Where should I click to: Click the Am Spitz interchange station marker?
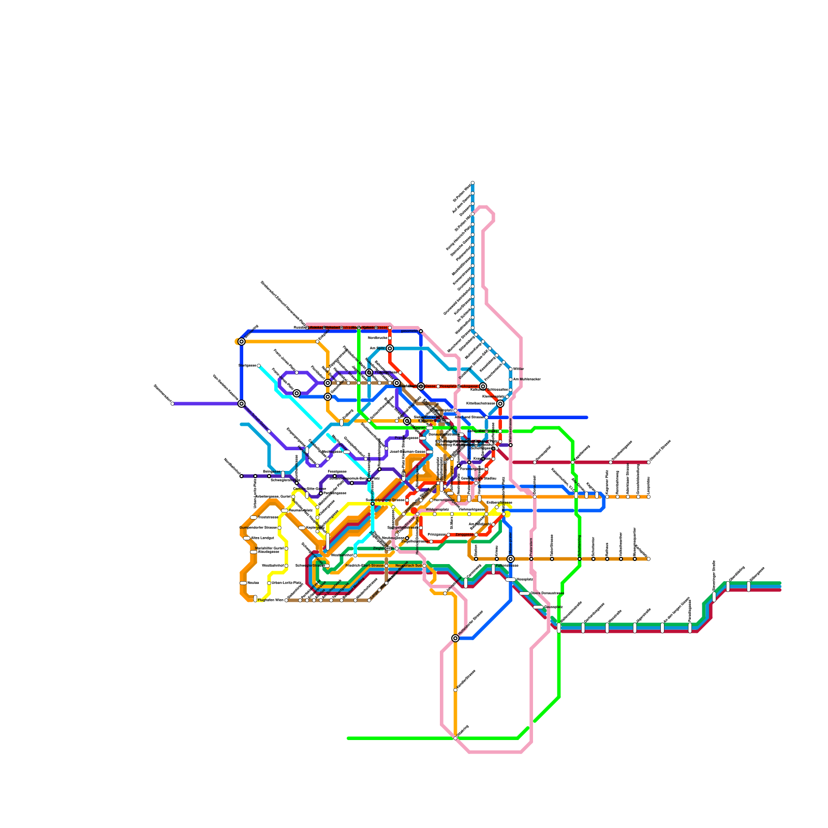pyautogui.click(x=390, y=348)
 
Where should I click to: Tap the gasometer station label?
pyautogui.click(x=409, y=331)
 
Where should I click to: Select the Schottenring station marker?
pyautogui.click(x=580, y=559)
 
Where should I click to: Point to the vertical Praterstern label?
pyautogui.click(x=531, y=546)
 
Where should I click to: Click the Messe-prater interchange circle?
pyautogui.click(x=511, y=559)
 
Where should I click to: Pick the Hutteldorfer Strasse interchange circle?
pyautogui.click(x=455, y=638)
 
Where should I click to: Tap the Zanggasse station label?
pyautogui.click(x=464, y=535)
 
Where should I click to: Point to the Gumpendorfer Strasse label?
pyautogui.click(x=258, y=528)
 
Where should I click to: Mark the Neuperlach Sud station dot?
pyautogui.click(x=424, y=566)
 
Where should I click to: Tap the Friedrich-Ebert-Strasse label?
pyautogui.click(x=364, y=566)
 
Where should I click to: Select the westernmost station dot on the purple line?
pyautogui.click(x=172, y=404)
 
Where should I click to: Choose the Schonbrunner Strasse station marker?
pyautogui.click(x=373, y=504)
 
